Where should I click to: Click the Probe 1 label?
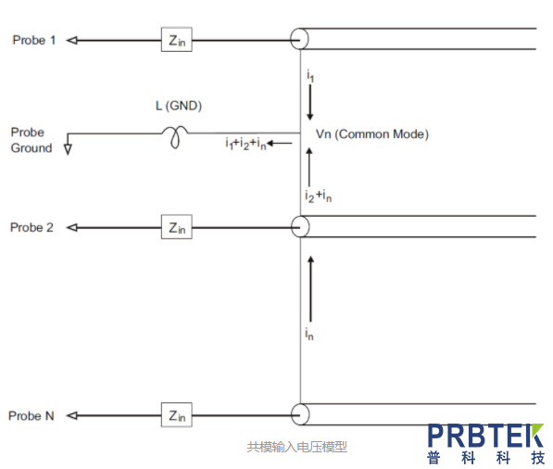pos(34,40)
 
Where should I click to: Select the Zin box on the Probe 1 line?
pos(177,40)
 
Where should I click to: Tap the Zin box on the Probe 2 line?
pos(177,227)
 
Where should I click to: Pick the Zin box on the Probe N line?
pos(177,414)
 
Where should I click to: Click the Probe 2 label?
pos(31,228)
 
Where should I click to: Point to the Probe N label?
pos(31,416)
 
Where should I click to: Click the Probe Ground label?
pos(31,140)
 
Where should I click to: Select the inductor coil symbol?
pos(175,136)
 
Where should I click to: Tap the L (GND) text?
pos(179,106)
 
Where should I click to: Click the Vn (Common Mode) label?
pos(372,134)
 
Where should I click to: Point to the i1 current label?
pos(310,76)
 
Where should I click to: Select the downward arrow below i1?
pos(310,102)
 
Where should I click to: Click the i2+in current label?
pos(318,196)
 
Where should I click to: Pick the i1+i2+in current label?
pos(245,144)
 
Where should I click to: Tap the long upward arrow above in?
pos(310,288)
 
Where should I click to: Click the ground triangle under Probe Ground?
pos(68,149)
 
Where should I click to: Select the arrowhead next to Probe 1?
pos(72,41)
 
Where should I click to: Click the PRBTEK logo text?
pos(485,436)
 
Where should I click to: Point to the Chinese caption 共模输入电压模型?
pos(297,447)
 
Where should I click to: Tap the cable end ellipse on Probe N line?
pos(300,414)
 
